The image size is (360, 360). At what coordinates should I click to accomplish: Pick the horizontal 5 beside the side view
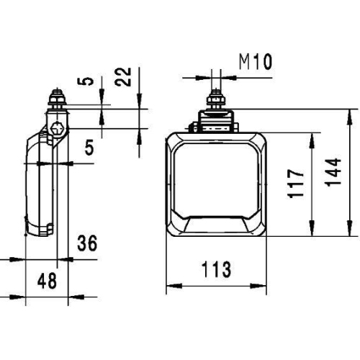(x=89, y=148)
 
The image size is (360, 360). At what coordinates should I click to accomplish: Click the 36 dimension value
(x=86, y=244)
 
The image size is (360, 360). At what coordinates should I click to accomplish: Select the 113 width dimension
(x=216, y=270)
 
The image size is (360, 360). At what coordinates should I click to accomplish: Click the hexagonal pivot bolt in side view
(x=58, y=130)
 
